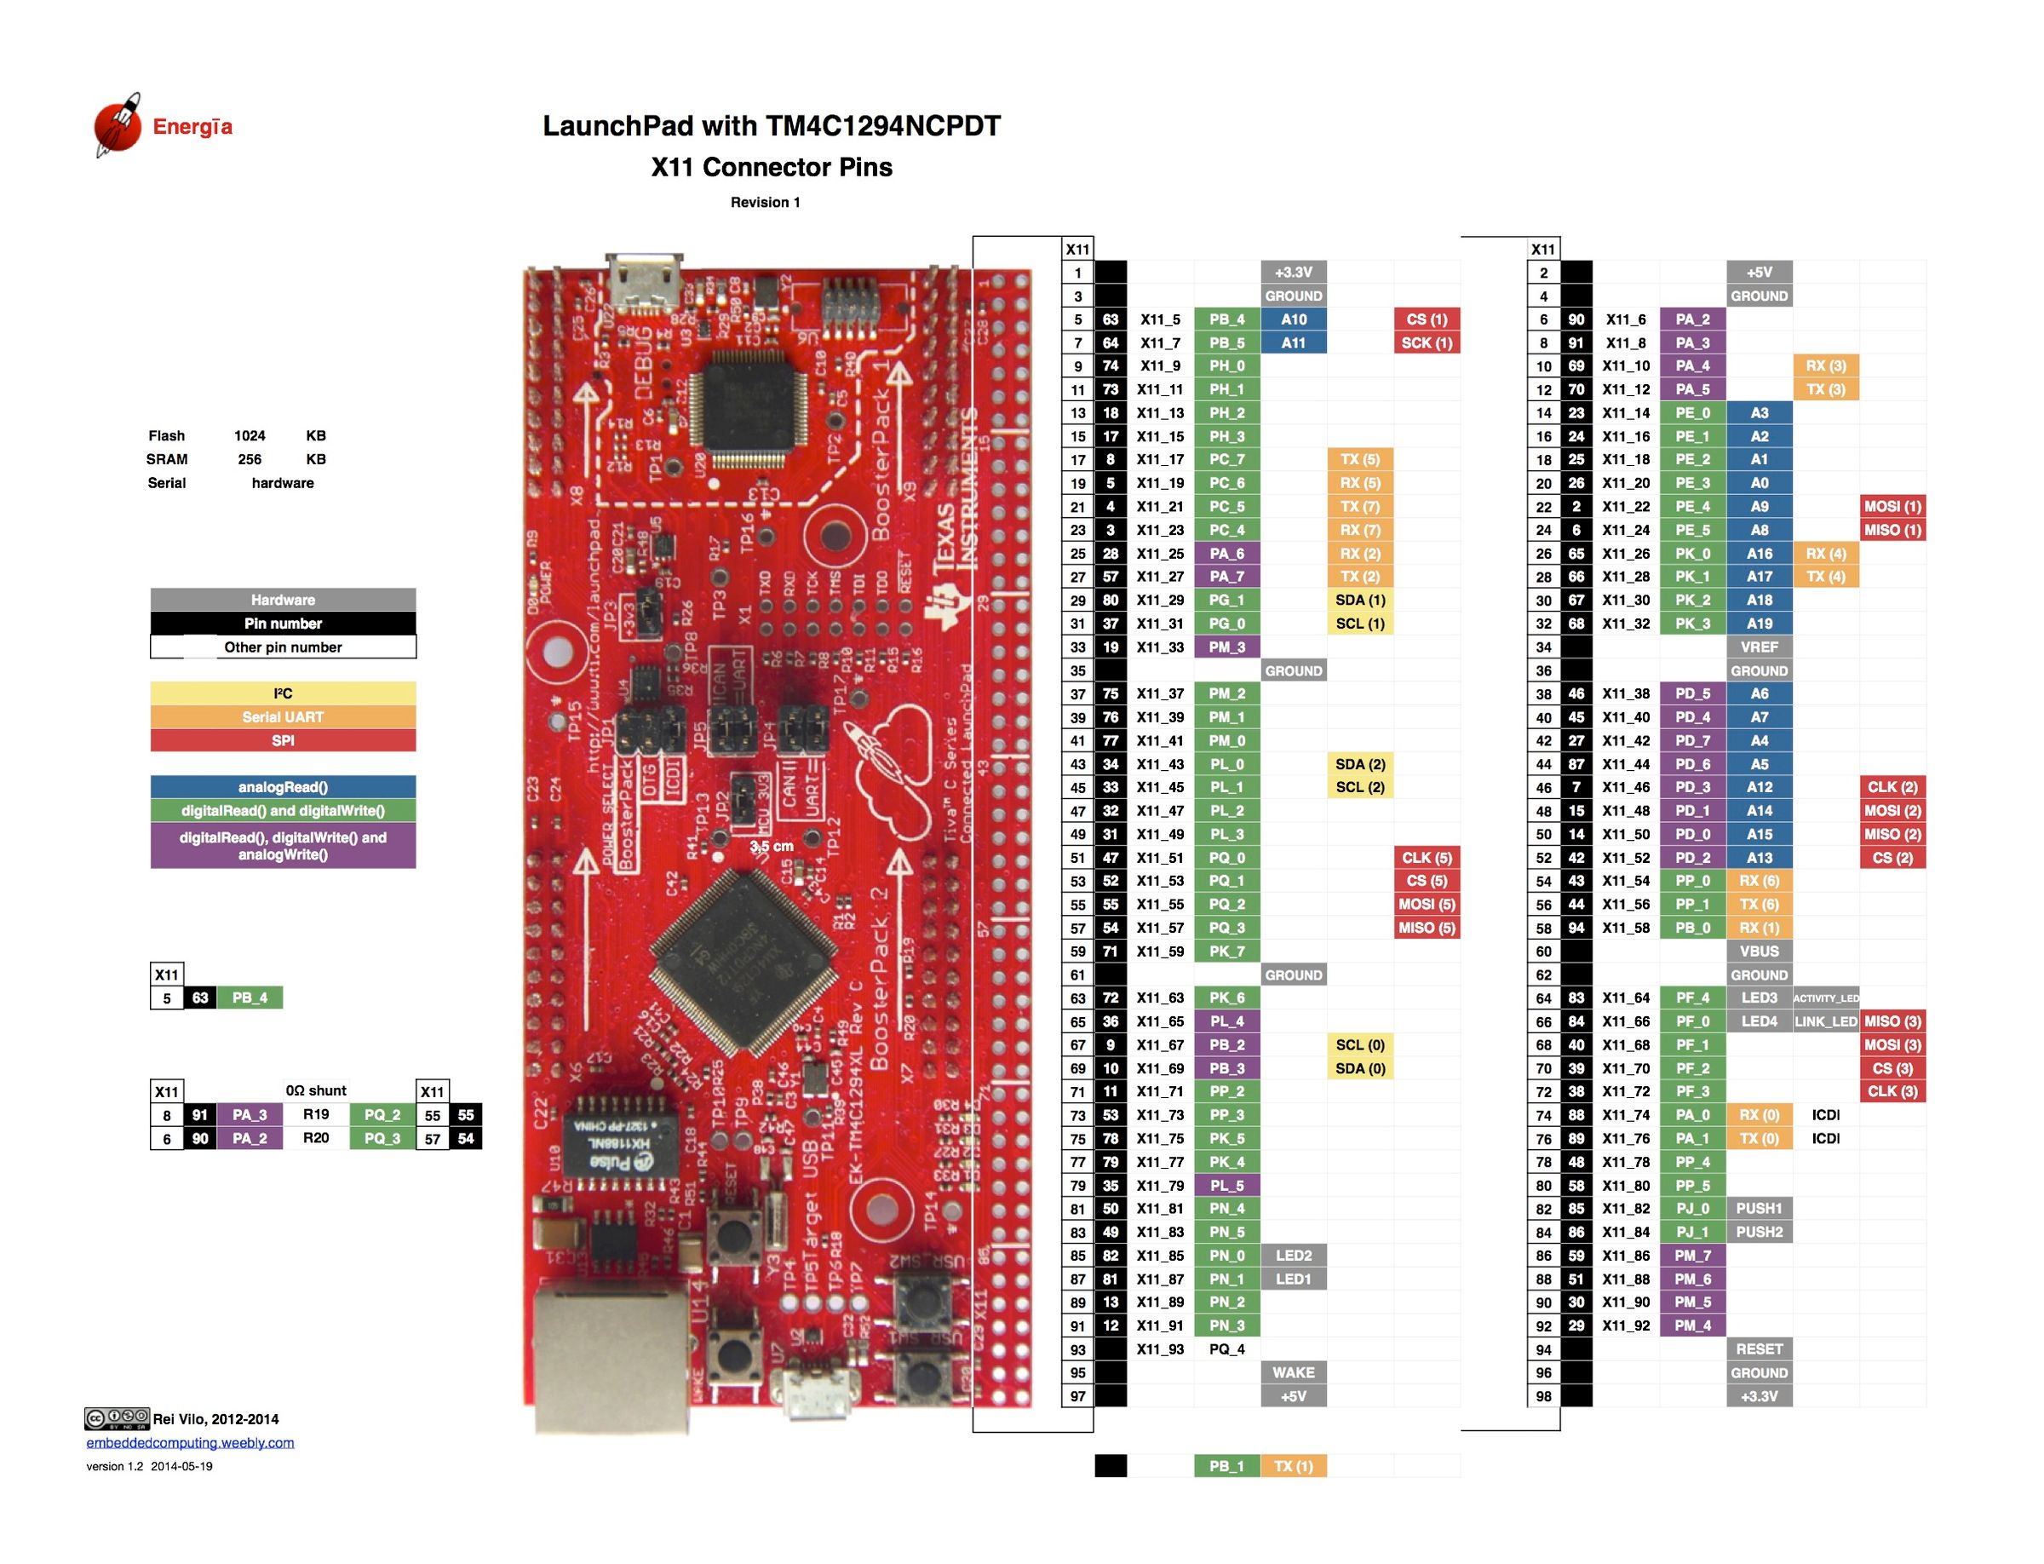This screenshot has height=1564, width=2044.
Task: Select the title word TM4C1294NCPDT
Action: click(x=881, y=126)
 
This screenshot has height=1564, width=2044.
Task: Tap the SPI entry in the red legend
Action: click(x=282, y=741)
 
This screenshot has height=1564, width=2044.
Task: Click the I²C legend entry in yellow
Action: click(x=282, y=693)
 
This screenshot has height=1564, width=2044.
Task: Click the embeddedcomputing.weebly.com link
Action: click(x=190, y=1443)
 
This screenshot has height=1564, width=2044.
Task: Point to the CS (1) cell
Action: click(x=1426, y=319)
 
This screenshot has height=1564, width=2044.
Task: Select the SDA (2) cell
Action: click(x=1359, y=764)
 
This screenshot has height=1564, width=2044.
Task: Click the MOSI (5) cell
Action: click(x=1426, y=905)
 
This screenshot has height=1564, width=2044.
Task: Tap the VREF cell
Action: click(x=1758, y=647)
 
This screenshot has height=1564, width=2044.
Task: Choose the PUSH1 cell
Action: click(x=1758, y=1209)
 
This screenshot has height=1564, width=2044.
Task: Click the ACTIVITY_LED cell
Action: click(x=1824, y=998)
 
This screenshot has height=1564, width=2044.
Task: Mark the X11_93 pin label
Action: click(x=1160, y=1349)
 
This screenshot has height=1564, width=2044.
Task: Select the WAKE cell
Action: click(x=1293, y=1372)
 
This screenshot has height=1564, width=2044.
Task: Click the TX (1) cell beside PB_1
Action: click(x=1293, y=1466)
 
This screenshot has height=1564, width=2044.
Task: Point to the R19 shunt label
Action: click(x=315, y=1114)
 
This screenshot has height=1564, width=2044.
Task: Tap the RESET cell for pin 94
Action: click(x=1758, y=1349)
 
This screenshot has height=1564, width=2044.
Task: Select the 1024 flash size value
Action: click(x=250, y=435)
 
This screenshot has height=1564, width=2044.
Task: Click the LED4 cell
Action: click(x=1758, y=1021)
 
